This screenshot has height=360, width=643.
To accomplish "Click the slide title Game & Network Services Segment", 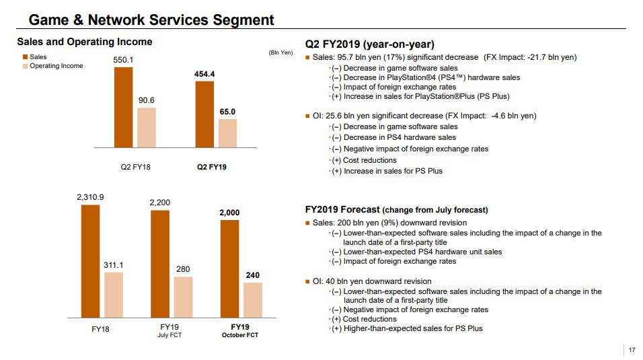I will pos(151,20).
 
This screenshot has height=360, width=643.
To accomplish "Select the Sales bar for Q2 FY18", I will pos(123,106).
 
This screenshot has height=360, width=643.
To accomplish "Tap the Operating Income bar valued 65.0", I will pos(227,133).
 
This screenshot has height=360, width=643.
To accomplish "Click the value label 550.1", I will pos(123,60).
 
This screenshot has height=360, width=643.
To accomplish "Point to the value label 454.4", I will pos(204,73).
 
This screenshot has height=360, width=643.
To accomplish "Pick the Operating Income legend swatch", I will pos(25,66).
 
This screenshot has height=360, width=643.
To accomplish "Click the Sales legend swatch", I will pos(25,57).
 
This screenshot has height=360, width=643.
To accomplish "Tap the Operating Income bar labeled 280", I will pos(183,297).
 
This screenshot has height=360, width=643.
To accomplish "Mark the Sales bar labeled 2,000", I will pos(229,268).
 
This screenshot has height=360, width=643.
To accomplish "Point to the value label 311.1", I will pos(113,264).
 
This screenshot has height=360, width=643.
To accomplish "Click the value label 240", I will pos(253,275).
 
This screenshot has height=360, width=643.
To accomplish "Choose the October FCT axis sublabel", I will pos(240,335).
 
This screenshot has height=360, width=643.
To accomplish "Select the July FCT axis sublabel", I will pos(169,335).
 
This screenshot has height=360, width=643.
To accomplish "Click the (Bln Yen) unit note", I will pos(280,52).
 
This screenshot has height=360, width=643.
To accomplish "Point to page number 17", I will pos(632,350).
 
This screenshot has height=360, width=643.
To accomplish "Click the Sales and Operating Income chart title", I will pos(85,42).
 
